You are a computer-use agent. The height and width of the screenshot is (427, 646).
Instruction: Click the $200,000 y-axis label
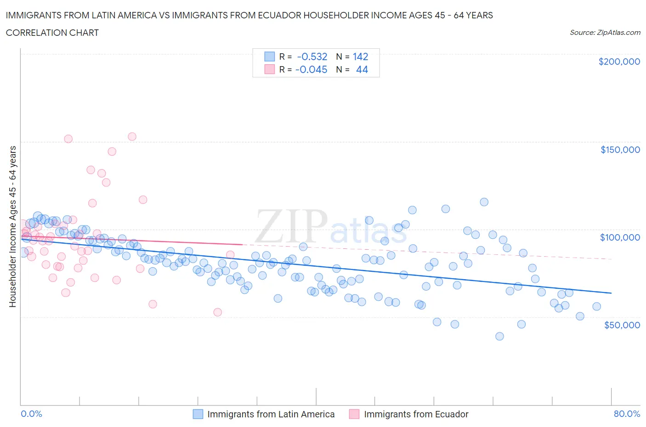619,62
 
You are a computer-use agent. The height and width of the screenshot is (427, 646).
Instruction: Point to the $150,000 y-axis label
620,150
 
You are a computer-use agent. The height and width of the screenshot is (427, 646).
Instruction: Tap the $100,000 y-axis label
620,237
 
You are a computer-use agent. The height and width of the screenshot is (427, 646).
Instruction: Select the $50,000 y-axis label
622,325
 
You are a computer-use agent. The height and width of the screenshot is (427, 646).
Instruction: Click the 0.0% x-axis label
31,414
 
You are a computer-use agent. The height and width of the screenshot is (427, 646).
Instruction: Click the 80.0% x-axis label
627,414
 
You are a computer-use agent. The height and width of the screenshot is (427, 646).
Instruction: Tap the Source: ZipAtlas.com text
605,32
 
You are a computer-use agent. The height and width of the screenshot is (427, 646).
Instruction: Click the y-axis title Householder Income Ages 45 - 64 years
12,226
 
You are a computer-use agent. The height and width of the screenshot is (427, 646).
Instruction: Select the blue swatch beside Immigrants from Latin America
198,414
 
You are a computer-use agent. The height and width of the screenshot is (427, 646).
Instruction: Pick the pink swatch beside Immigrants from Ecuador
354,414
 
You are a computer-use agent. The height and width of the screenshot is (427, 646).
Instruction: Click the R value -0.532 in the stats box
312,56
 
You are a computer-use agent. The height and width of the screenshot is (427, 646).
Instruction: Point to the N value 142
360,56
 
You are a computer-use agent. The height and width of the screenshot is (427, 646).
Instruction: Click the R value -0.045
312,69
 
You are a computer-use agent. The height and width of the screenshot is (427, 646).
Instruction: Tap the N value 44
362,69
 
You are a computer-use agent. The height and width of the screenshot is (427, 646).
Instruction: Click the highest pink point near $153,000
132,136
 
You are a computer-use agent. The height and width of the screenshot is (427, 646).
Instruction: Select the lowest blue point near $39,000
499,336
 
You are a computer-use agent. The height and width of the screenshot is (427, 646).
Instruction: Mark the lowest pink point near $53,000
218,312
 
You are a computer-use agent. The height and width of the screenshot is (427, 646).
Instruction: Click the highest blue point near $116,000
484,202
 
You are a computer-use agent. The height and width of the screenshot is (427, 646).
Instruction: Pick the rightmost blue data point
596,306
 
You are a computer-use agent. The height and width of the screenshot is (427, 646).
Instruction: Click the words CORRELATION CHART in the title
52,33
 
